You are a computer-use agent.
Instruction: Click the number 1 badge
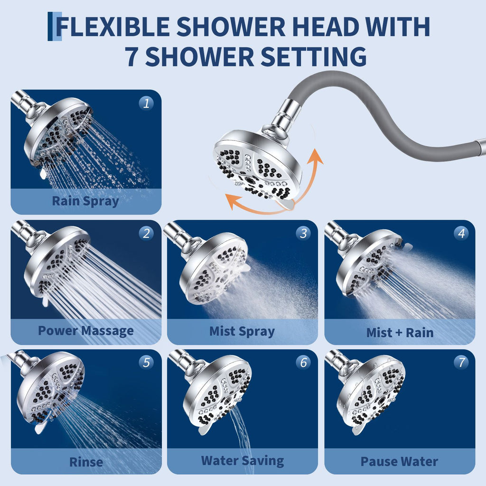pyautogui.click(x=146, y=103)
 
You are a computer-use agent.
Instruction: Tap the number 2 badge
pyautogui.click(x=146, y=233)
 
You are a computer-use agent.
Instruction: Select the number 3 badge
pyautogui.click(x=303, y=233)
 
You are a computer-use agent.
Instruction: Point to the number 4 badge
pyautogui.click(x=460, y=233)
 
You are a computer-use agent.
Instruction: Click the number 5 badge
pyautogui.click(x=146, y=363)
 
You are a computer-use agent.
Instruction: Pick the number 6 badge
pyautogui.click(x=303, y=363)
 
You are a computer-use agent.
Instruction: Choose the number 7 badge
pyautogui.click(x=460, y=363)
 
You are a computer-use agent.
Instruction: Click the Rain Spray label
pyautogui.click(x=85, y=201)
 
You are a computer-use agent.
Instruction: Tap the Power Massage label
pyautogui.click(x=86, y=331)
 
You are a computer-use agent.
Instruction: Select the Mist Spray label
pyautogui.click(x=242, y=331)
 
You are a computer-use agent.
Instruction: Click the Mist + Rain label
pyautogui.click(x=400, y=332)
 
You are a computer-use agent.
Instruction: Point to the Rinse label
pyautogui.click(x=86, y=461)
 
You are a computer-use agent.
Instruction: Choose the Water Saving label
pyautogui.click(x=242, y=460)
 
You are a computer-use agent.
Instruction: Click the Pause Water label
pyautogui.click(x=399, y=461)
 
